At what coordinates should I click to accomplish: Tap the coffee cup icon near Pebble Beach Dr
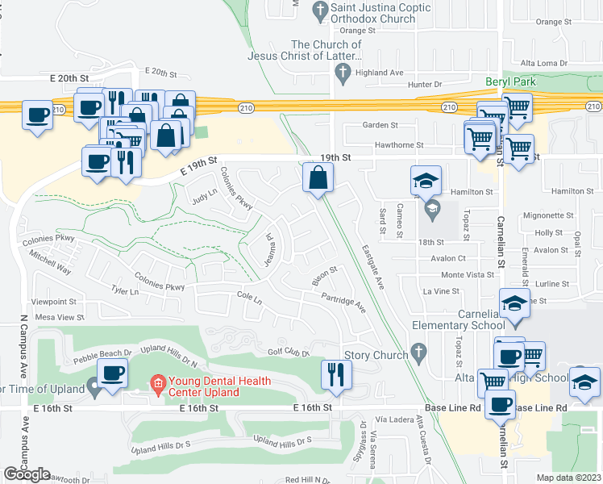pos(113,373)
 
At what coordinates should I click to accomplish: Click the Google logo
pos(27,474)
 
